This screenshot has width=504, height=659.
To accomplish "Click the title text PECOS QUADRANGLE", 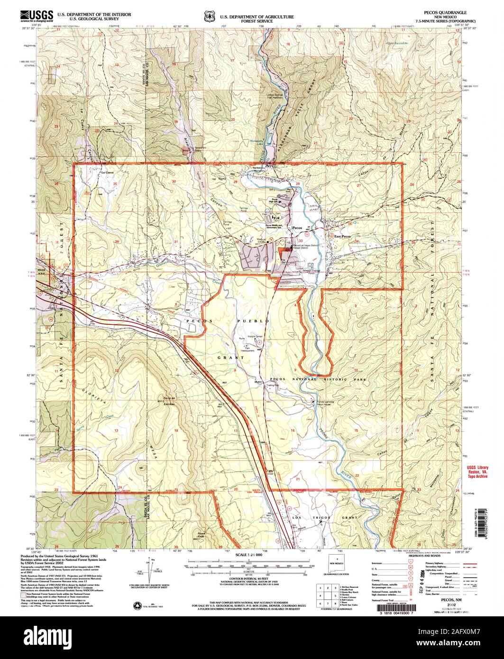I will point(446,12).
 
